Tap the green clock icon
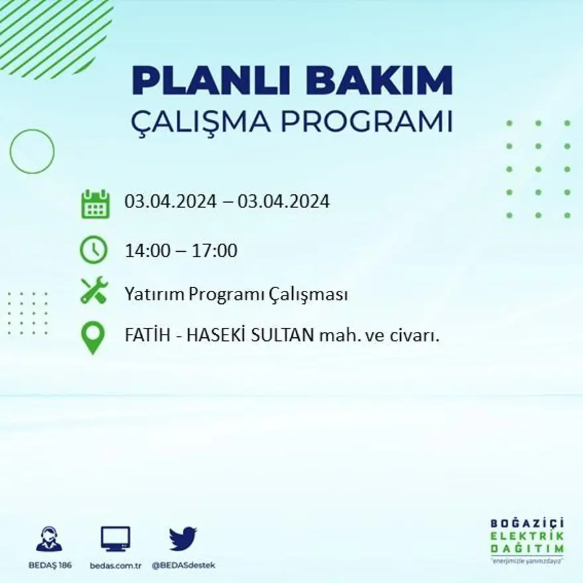coord(93,250)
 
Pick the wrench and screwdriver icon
coord(94,291)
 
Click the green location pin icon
coord(93,337)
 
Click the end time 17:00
coord(215,251)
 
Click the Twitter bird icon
coord(183,539)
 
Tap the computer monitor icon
coord(115,539)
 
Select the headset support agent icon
coord(49,539)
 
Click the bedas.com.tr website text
coord(115,565)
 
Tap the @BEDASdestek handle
coord(184,565)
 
